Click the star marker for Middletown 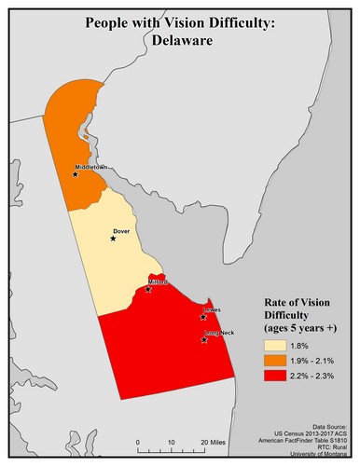click(76, 173)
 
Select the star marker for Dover click(113, 238)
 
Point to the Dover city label click(120, 229)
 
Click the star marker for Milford click(148, 289)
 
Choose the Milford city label click(157, 281)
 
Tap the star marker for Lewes click(203, 317)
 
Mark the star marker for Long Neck click(204, 340)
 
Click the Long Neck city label click(216, 333)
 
